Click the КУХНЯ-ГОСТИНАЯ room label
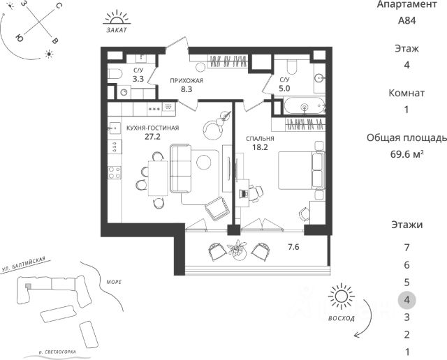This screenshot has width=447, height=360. (152, 128)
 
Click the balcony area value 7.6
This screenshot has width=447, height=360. (294, 246)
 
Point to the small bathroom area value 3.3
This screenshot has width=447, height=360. (138, 79)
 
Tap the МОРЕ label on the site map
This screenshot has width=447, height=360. (114, 282)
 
